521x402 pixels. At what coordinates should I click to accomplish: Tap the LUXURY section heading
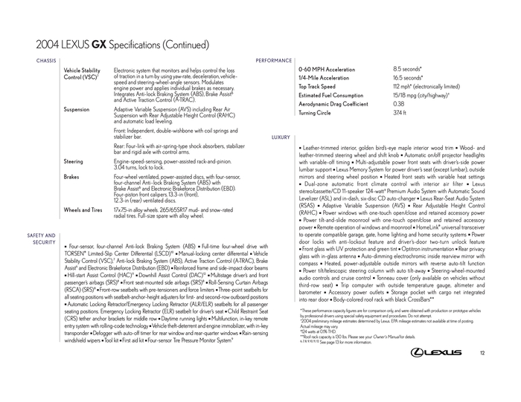click(x=281, y=138)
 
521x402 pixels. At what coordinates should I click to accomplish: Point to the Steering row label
click(x=74, y=161)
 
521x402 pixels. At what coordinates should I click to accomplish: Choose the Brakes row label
click(x=72, y=177)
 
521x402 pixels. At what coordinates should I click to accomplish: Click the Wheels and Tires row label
click(x=83, y=210)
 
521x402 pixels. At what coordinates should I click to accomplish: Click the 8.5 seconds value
click(x=408, y=69)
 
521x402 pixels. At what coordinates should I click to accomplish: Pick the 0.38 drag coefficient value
click(x=399, y=104)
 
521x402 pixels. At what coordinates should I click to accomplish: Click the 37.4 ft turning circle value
click(x=400, y=113)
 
